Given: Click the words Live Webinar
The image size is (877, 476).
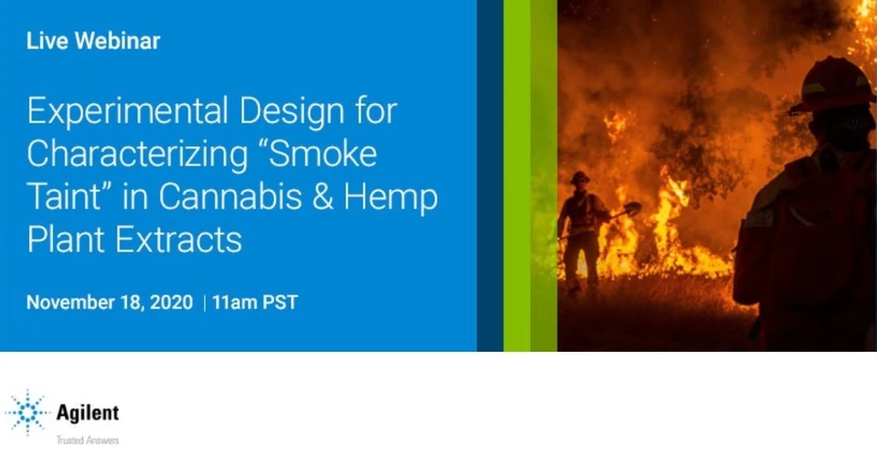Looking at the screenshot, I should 93,40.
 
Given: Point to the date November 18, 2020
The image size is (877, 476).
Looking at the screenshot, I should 110,302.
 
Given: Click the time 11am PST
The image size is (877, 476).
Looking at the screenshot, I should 255,302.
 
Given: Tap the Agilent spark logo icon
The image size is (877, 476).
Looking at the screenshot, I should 27,413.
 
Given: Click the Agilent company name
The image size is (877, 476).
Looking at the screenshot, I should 87,413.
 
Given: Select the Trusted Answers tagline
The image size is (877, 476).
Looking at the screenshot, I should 87,440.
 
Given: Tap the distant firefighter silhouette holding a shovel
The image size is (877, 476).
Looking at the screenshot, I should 581,224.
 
